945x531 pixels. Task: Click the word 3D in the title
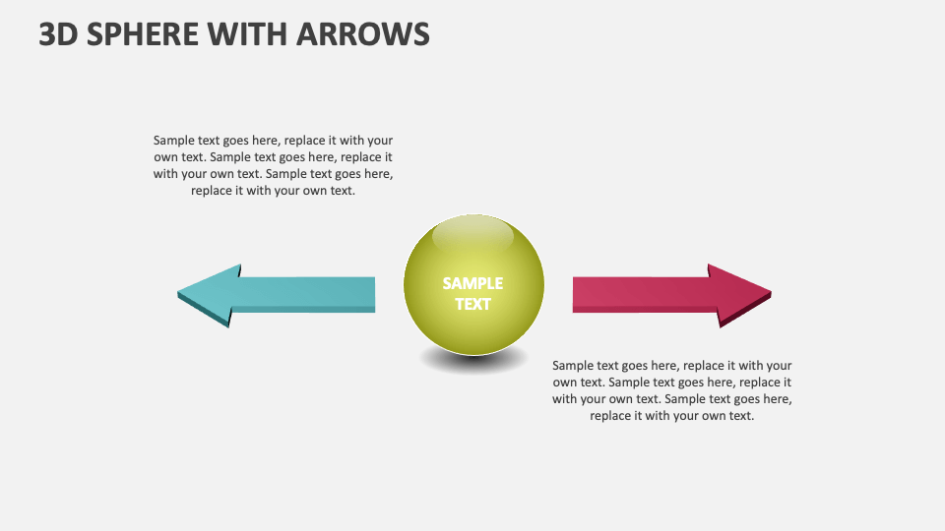coord(58,34)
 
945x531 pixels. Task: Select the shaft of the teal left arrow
coord(305,292)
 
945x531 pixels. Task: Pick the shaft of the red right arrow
coord(640,292)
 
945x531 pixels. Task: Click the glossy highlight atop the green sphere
coord(472,235)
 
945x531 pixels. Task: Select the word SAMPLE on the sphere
coord(472,283)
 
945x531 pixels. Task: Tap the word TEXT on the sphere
coord(472,304)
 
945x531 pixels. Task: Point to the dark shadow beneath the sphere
coord(472,361)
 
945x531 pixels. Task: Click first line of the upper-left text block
coord(273,141)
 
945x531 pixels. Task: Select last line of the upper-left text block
coord(273,191)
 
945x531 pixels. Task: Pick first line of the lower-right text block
coord(672,365)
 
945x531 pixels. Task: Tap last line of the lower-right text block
coord(672,415)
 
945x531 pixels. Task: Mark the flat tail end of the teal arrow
coord(372,293)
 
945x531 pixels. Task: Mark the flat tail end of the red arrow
coord(576,293)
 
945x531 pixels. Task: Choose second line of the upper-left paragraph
coord(273,157)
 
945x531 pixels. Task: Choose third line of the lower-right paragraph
coord(672,398)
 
